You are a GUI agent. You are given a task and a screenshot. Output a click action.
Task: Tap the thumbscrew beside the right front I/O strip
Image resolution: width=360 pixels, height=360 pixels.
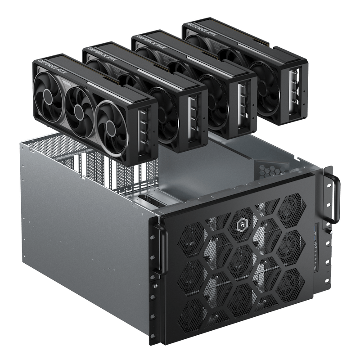click(329, 232)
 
